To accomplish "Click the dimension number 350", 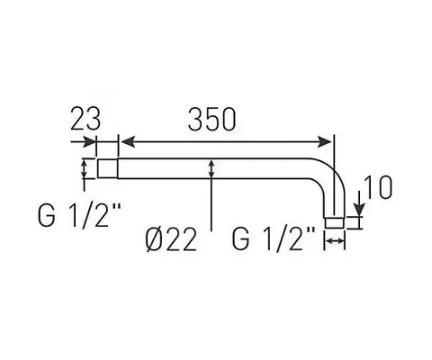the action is pyautogui.click(x=212, y=120).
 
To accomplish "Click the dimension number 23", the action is pyautogui.click(x=85, y=119).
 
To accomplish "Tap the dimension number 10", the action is pyautogui.click(x=378, y=187).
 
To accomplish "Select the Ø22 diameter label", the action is pyautogui.click(x=171, y=239).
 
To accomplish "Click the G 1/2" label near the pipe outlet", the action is pyautogui.click(x=274, y=238).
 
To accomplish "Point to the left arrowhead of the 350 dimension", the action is pyautogui.click(x=127, y=142).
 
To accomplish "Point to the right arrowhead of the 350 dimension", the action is pyautogui.click(x=325, y=142).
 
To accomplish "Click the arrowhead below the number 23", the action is pyautogui.click(x=89, y=142).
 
